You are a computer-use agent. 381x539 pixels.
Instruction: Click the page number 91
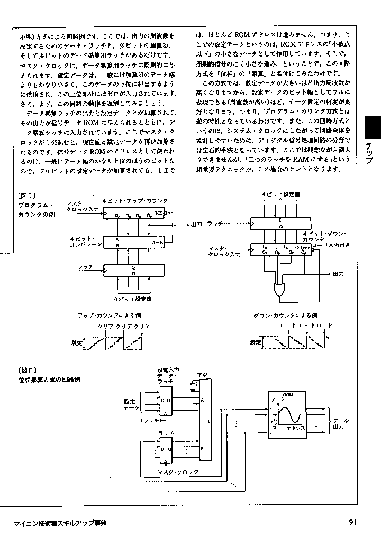click(x=353, y=523)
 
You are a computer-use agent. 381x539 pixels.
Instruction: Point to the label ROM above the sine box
click(x=288, y=394)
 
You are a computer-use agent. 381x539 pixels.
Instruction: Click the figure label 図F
click(x=27, y=370)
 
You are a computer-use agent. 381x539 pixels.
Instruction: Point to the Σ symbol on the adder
click(x=210, y=422)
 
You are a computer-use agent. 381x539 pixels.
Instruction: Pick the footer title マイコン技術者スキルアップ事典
click(x=60, y=523)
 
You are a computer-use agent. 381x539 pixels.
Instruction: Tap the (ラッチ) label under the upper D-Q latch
click(x=151, y=421)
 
